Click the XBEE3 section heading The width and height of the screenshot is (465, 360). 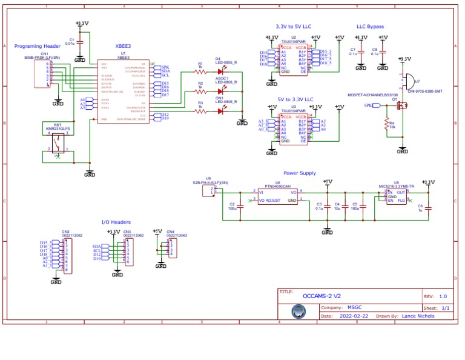pos(124,46)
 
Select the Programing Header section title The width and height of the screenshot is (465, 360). pos(38,46)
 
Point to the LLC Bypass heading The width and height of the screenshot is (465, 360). pos(370,27)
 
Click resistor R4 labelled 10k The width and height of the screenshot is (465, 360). pos(384,125)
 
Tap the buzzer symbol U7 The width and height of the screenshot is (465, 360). pos(409,81)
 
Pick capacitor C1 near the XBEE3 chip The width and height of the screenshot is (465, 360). pos(80,43)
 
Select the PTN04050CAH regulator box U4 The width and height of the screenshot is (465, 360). pos(277,196)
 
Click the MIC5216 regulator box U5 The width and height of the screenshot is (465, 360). pos(397,196)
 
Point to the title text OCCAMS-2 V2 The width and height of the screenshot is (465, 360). pos(322,296)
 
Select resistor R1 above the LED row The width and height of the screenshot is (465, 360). pos(200,70)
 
